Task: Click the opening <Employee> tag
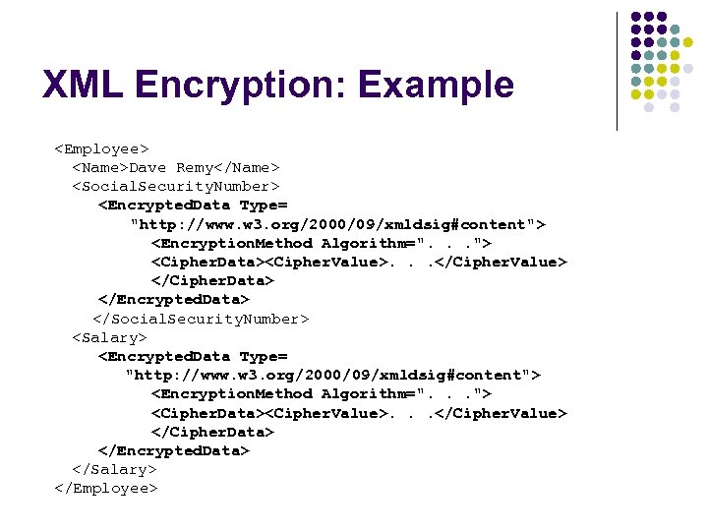click(101, 149)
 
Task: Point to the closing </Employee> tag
click(106, 488)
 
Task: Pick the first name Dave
click(148, 168)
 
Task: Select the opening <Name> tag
click(100, 168)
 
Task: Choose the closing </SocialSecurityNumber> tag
click(201, 319)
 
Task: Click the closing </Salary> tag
click(114, 469)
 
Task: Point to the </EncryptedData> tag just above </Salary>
click(174, 450)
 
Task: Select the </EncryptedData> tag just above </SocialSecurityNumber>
click(174, 299)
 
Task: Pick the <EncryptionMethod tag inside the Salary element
click(232, 393)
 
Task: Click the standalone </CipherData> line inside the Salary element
click(212, 432)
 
